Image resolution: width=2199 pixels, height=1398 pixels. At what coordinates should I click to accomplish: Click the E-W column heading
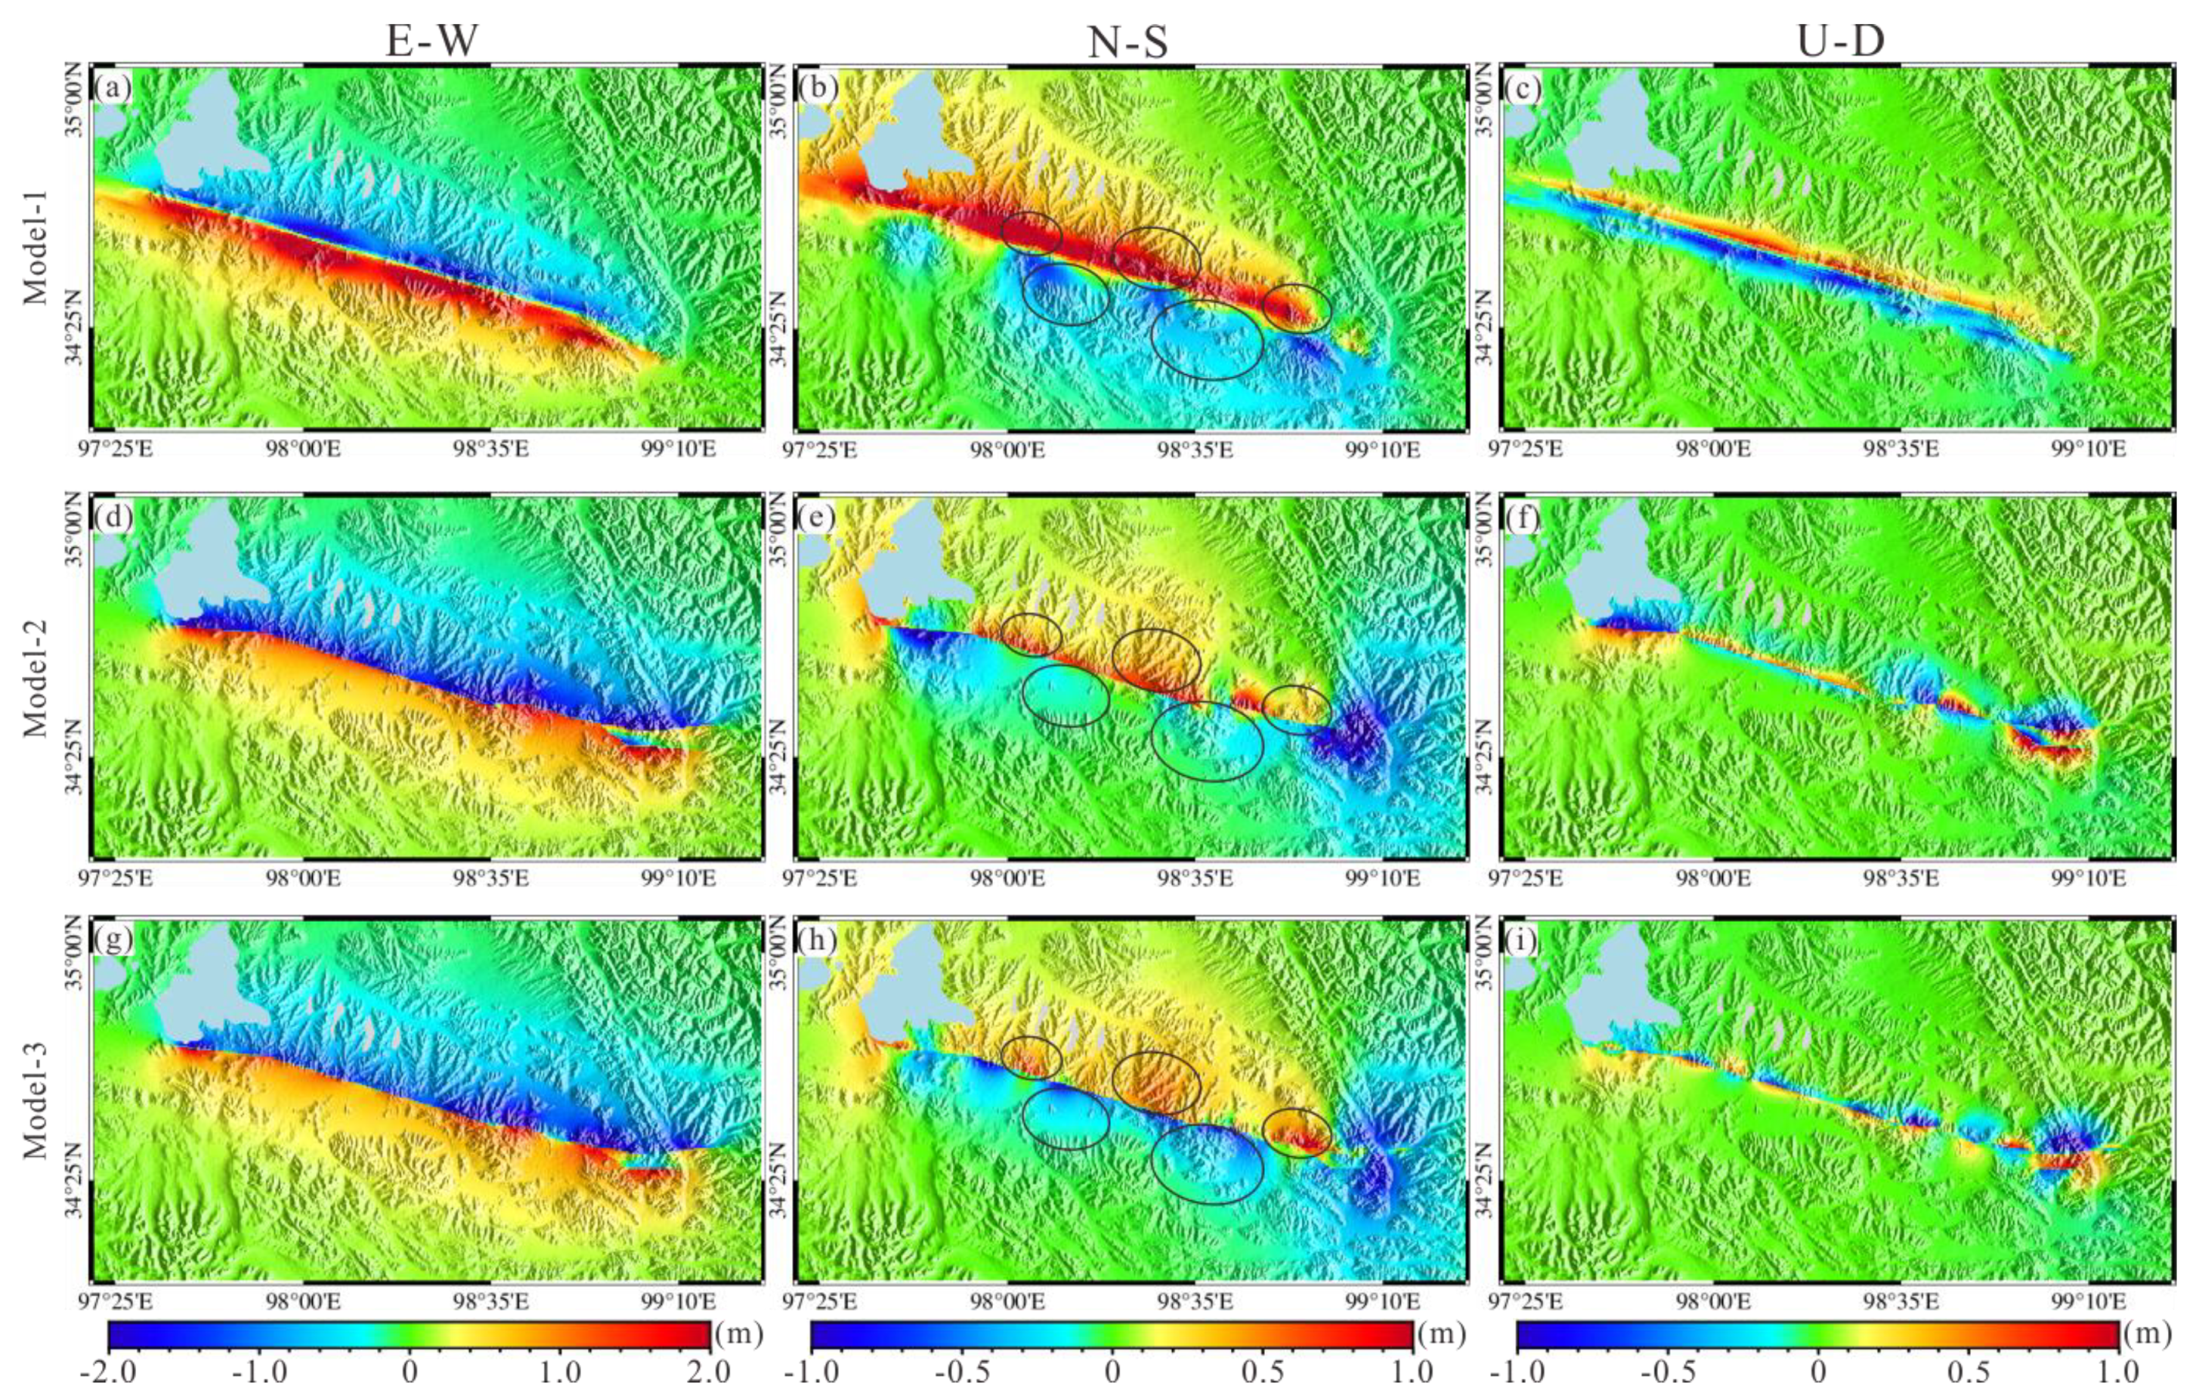(430, 41)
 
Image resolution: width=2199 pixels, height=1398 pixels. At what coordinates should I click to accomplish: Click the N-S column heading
(1129, 41)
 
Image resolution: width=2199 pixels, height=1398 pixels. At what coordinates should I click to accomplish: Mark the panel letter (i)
(1520, 941)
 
